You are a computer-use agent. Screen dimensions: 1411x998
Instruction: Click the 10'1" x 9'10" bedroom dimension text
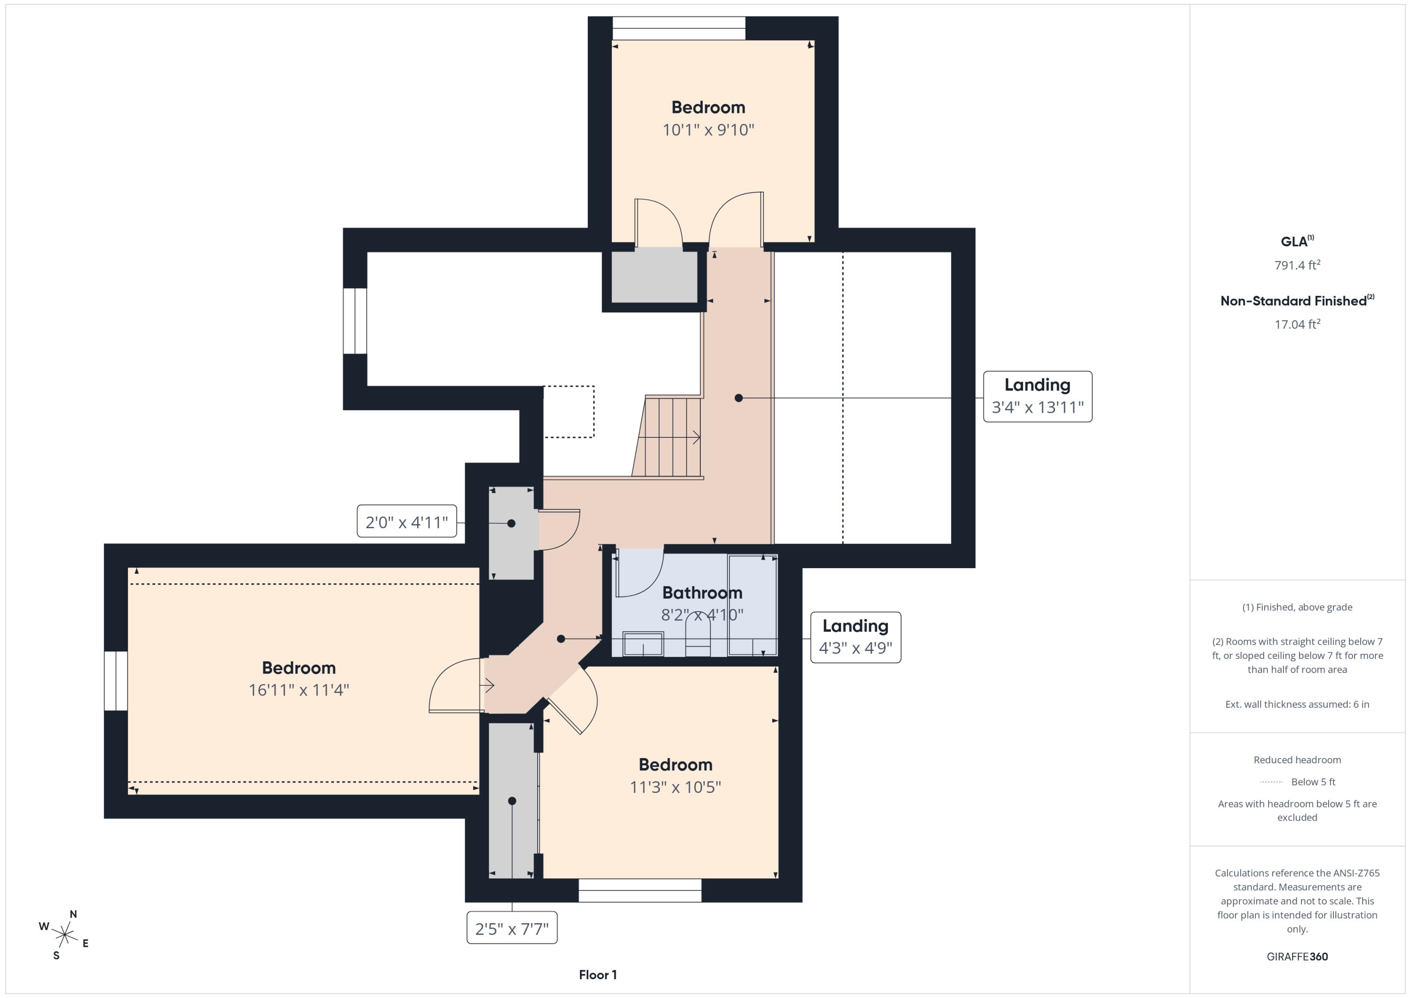click(708, 130)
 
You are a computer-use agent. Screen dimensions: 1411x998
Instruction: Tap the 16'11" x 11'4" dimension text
click(299, 690)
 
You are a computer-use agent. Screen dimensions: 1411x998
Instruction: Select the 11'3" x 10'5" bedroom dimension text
click(675, 787)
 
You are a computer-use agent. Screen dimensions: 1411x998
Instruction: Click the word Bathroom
click(702, 593)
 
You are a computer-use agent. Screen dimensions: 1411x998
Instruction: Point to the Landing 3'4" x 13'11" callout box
click(1038, 396)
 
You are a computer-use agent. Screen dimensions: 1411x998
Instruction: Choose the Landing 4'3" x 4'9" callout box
click(856, 637)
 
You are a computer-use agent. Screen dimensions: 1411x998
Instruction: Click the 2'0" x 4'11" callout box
click(407, 522)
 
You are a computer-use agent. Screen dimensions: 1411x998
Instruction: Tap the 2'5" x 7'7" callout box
click(512, 927)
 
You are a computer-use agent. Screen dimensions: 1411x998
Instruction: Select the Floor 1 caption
click(597, 974)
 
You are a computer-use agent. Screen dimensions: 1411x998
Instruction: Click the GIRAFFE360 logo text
click(1297, 956)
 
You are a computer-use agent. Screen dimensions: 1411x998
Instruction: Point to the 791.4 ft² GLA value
click(1297, 265)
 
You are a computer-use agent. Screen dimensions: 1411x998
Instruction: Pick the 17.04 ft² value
click(1297, 324)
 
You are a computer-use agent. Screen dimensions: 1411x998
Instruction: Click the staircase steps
click(667, 436)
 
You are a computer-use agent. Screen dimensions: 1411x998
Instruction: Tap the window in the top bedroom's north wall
click(679, 28)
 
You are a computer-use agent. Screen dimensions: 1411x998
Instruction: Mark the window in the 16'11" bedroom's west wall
click(116, 681)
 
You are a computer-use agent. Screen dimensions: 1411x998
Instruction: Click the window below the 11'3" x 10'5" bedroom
click(640, 890)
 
